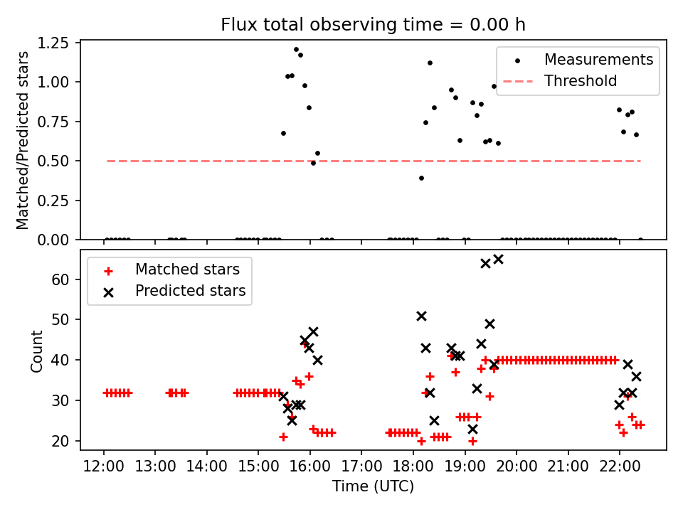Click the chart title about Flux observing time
373,25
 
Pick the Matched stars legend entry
187,270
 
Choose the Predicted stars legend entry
190,290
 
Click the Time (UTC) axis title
373,486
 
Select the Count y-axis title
36,351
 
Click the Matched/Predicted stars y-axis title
23,140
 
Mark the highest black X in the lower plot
498,260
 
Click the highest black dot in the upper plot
296,50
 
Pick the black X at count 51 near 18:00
421,316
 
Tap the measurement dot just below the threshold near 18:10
421,178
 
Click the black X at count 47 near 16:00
313,332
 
